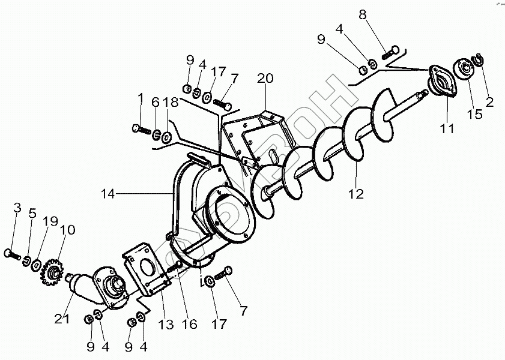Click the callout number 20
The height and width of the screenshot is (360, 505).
point(265,79)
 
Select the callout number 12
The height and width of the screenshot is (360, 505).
point(356,193)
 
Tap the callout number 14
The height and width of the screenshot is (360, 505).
point(108,193)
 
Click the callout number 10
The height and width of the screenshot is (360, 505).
point(67,230)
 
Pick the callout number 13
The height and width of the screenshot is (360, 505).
point(166,325)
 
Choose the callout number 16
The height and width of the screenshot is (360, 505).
point(190,325)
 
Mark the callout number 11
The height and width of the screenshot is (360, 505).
point(446,127)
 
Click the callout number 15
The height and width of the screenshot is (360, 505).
point(474,113)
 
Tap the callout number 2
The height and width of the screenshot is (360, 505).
point(489,102)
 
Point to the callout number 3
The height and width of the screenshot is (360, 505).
point(17,208)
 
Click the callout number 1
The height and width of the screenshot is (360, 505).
point(141,97)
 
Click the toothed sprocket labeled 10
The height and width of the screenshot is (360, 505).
point(52,271)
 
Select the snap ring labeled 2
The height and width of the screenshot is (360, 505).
point(480,59)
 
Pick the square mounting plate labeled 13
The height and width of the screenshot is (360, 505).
point(144,267)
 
